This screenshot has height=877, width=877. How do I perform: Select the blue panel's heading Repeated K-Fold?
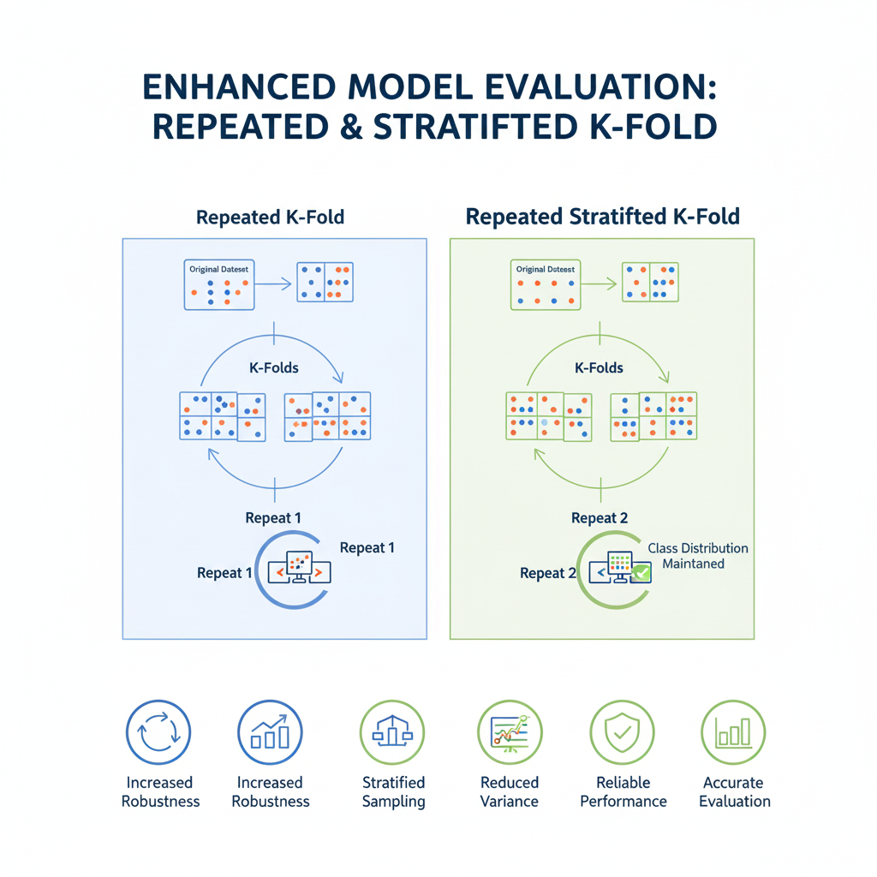[x=270, y=217]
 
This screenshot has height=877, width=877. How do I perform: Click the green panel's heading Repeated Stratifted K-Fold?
[x=602, y=217]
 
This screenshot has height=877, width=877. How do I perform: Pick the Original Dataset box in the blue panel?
[x=220, y=284]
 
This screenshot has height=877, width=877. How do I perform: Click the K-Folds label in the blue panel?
[x=274, y=367]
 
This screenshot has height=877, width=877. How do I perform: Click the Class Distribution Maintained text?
[x=697, y=556]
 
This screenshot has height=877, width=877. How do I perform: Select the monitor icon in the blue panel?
[x=295, y=566]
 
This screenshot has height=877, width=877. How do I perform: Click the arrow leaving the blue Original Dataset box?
[x=274, y=282]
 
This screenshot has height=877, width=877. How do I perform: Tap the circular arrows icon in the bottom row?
[x=159, y=733]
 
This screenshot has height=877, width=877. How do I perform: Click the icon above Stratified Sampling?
[x=393, y=733]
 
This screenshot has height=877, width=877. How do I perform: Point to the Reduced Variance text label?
[x=509, y=792]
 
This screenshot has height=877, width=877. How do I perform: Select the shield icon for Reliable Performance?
[x=623, y=733]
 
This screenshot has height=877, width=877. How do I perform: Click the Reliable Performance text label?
[x=623, y=792]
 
